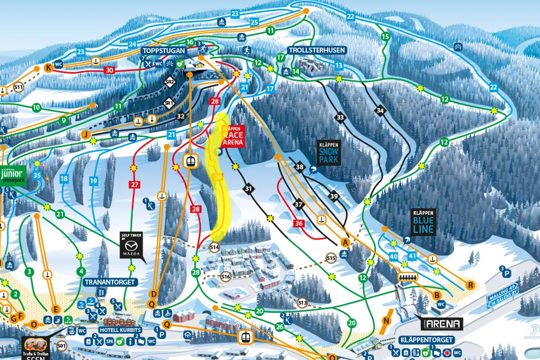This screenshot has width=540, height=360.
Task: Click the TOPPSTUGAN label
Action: [x=163, y=51]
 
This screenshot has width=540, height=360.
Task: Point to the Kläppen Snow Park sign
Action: [x=328, y=154]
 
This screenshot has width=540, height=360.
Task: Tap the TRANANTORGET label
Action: [x=110, y=282]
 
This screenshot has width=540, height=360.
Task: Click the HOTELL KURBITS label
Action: [x=120, y=330]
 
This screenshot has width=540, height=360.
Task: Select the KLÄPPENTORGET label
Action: [x=426, y=340]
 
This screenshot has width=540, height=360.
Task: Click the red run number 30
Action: [x=109, y=70]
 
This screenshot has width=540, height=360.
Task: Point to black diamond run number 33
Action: [x=340, y=117]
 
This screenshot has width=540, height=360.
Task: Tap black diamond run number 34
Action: [x=380, y=110]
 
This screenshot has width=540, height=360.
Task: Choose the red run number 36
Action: [x=299, y=223]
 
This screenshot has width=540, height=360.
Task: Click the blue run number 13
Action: [x=338, y=65]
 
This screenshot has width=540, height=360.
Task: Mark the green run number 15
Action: [x=385, y=36]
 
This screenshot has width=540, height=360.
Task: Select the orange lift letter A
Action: [x=344, y=242]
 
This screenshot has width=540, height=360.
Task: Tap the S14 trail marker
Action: [x=214, y=247]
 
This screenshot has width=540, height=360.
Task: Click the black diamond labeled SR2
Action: [x=169, y=81]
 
